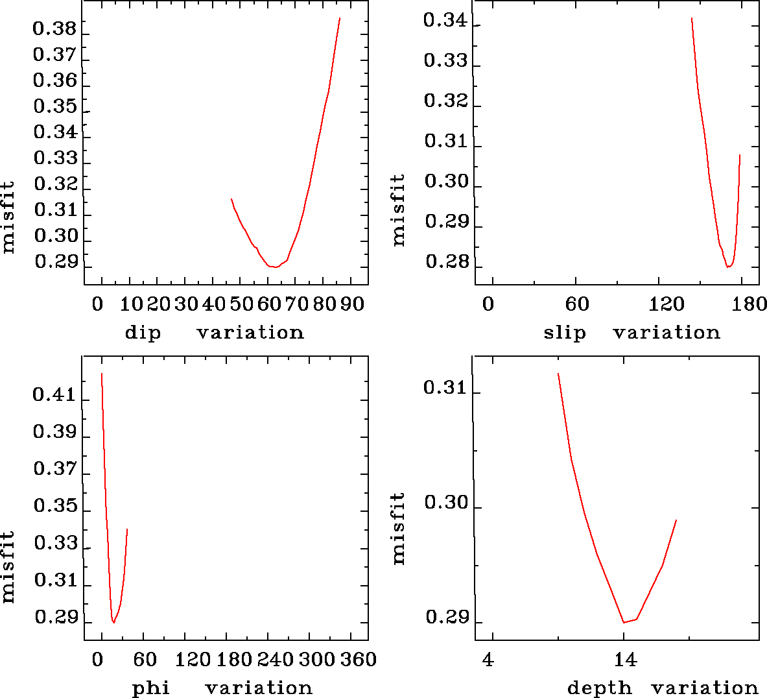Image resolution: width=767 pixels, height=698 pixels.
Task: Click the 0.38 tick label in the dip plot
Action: point(54,29)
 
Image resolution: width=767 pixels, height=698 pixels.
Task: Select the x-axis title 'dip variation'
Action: point(214,333)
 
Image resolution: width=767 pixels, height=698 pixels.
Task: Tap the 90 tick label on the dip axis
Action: point(352,304)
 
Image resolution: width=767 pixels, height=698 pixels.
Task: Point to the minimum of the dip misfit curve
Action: point(276,267)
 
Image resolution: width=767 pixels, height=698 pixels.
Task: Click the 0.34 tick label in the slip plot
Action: point(445,21)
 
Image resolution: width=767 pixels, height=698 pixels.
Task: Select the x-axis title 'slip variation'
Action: point(631,333)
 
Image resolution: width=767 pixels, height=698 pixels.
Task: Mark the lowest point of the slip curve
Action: point(729,267)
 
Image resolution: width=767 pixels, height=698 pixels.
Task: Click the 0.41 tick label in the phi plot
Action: point(54,394)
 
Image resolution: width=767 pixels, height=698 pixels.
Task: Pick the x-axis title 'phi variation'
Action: point(222,688)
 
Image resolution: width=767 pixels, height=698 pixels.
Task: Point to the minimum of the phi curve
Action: point(113,622)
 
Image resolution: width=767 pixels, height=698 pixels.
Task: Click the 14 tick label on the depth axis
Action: point(625,660)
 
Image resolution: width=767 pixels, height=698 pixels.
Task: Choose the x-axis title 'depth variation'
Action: point(662,688)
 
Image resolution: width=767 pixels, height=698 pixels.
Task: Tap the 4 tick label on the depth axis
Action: point(488,660)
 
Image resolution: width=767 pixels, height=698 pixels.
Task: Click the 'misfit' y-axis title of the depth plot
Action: point(398,527)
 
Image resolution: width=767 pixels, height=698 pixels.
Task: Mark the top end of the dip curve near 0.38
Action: point(339,19)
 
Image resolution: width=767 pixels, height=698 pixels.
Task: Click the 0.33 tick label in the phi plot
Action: point(54,543)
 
